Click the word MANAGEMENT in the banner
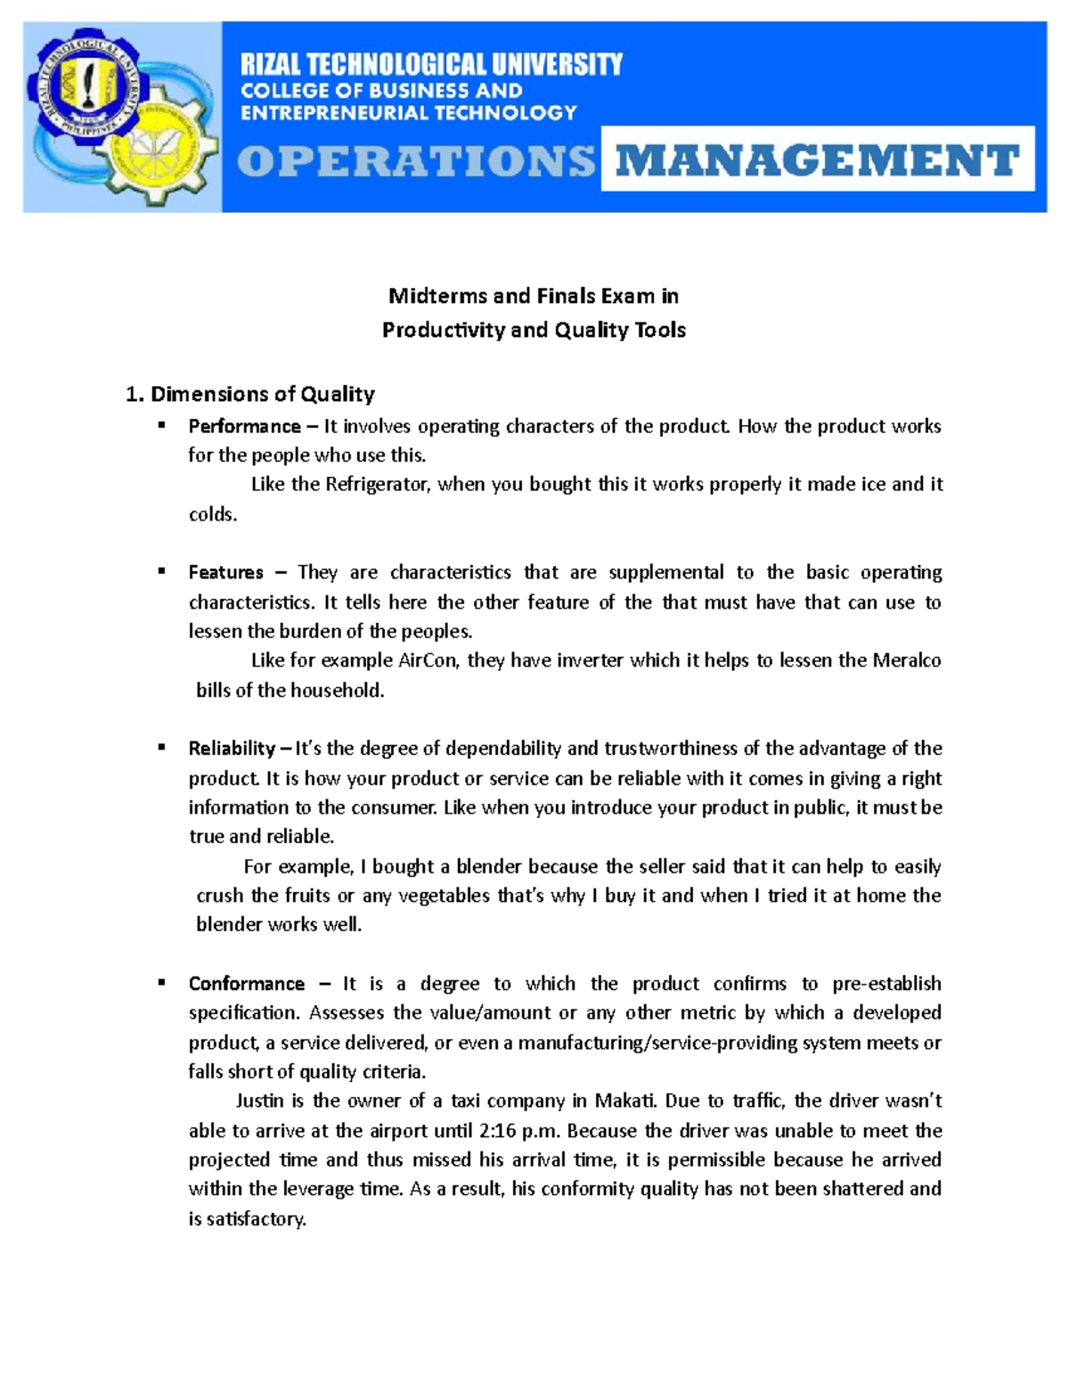pos(817,160)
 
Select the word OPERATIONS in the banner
pos(415,161)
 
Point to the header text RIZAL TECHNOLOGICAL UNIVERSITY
pos(431,64)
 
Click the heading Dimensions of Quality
pos(262,394)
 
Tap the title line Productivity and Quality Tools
pos(534,330)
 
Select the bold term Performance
pos(244,426)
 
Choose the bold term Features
pos(225,572)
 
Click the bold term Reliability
pos(232,748)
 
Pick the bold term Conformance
pos(246,984)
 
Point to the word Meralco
pos(906,660)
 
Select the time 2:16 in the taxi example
pos(497,1131)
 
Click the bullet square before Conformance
pos(162,983)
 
